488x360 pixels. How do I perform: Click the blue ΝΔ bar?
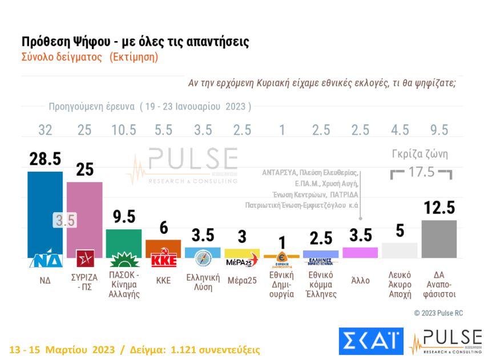[x=45, y=211]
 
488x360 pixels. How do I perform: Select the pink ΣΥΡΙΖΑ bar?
[x=84, y=217]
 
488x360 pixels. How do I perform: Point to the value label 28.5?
[x=45, y=160]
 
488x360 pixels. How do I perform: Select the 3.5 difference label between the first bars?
[x=65, y=220]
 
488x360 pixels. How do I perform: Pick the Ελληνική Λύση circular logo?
[x=203, y=258]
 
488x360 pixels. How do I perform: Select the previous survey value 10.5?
[x=124, y=130]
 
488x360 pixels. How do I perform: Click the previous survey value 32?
[x=45, y=130]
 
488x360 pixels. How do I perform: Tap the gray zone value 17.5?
[x=421, y=172]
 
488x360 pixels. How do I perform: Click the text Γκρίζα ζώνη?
[x=420, y=154]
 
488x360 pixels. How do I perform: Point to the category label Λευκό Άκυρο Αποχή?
[x=399, y=285]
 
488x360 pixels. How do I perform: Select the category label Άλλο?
[x=360, y=280]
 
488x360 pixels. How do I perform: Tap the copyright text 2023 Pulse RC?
[x=439, y=313]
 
